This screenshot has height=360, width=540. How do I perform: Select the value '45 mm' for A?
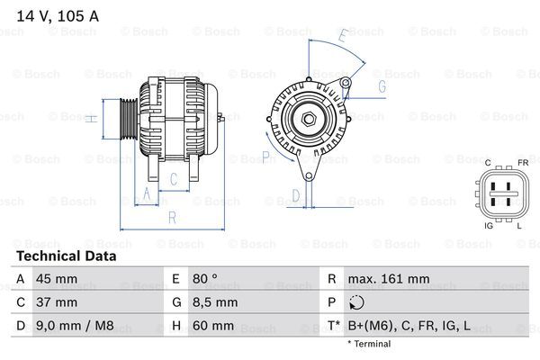56,279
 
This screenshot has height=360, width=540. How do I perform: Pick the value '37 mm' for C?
56,302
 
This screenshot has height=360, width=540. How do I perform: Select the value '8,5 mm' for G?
214,302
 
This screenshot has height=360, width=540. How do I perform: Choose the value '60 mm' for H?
212,326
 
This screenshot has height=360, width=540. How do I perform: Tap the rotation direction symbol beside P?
358,302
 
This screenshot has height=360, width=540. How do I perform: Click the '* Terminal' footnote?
370,344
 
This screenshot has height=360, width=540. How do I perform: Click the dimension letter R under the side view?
172,217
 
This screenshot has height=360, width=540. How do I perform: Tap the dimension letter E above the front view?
342,36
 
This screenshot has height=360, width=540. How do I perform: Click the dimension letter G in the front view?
382,86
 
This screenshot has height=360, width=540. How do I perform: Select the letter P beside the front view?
266,156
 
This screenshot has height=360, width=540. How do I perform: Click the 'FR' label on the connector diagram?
522,163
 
